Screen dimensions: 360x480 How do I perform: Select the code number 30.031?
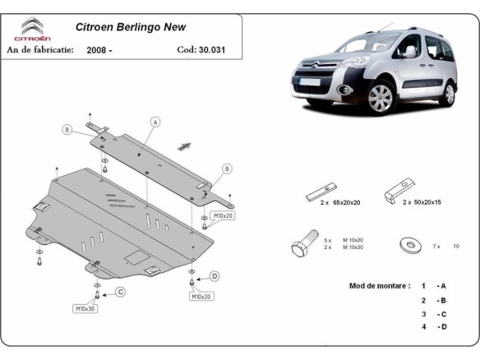click(210, 49)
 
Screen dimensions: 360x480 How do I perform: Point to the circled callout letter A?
click(154, 122)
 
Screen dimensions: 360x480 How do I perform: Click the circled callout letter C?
click(119, 291)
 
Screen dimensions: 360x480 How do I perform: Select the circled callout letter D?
click(214, 276)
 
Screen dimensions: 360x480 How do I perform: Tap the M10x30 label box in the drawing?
click(86, 309)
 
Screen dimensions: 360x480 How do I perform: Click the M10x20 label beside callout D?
click(201, 297)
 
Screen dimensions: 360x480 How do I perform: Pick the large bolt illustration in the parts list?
click(302, 246)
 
